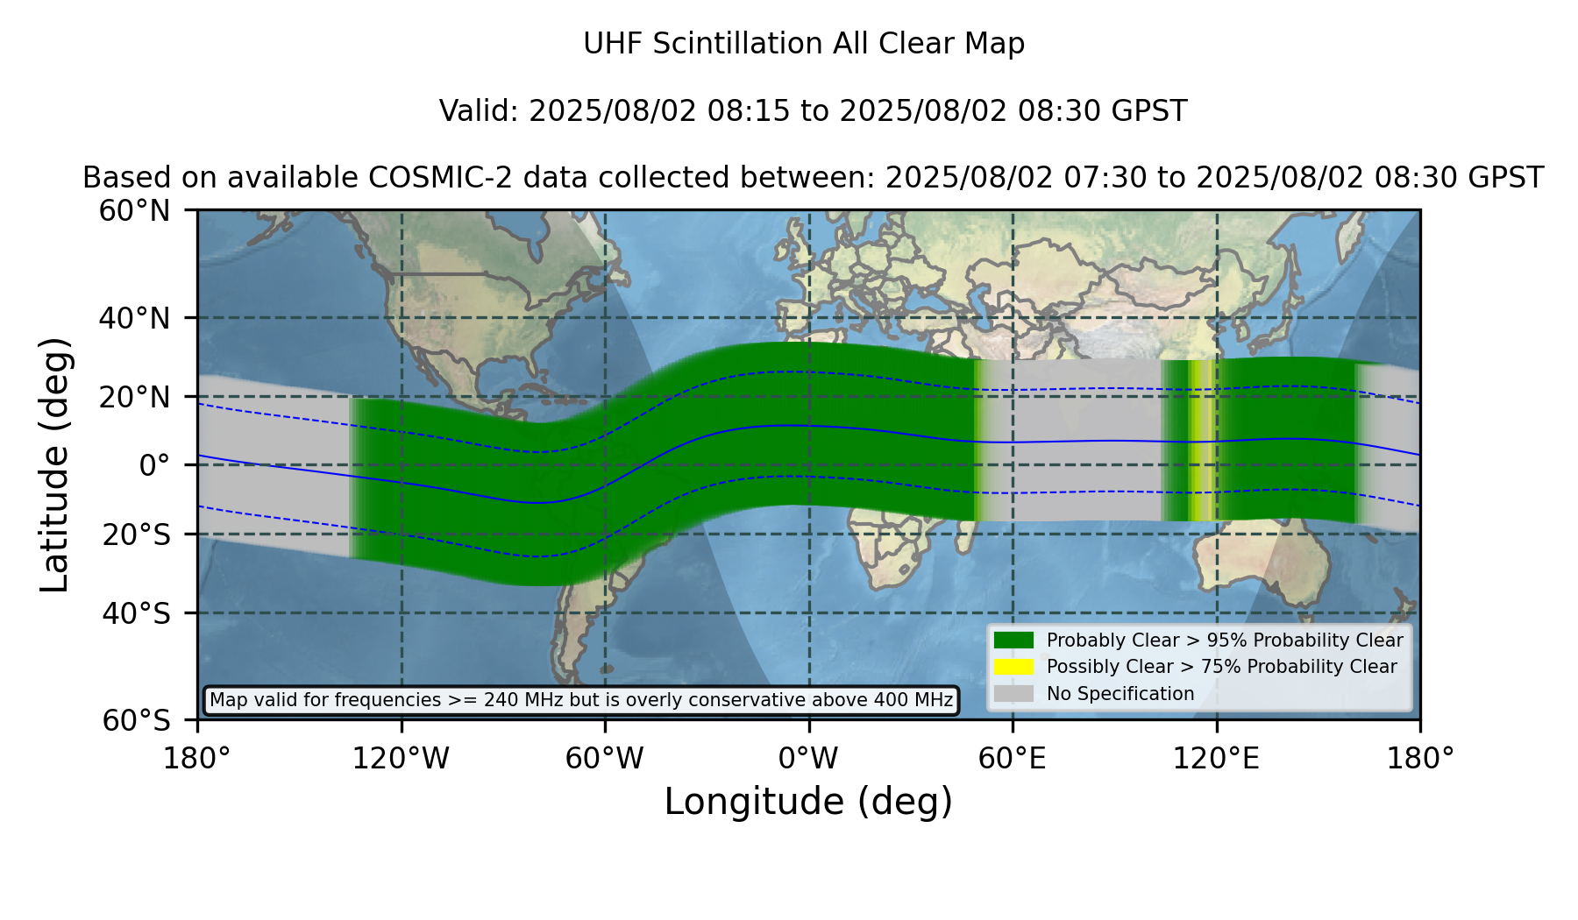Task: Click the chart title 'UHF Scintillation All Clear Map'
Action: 804,44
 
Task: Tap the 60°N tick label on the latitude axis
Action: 135,211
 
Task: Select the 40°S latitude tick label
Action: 137,613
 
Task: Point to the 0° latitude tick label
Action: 155,465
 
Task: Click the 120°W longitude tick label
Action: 401,758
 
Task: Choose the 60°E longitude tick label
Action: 1013,758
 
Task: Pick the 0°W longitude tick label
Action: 809,758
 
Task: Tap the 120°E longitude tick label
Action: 1216,758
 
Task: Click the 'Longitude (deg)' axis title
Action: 808,802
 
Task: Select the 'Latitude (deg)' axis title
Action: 54,464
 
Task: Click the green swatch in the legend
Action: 1014,640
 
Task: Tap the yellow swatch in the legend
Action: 1014,667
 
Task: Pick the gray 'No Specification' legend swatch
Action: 1014,694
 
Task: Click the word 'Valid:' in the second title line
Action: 480,111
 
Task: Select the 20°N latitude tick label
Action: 135,397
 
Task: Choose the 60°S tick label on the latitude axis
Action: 137,721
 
